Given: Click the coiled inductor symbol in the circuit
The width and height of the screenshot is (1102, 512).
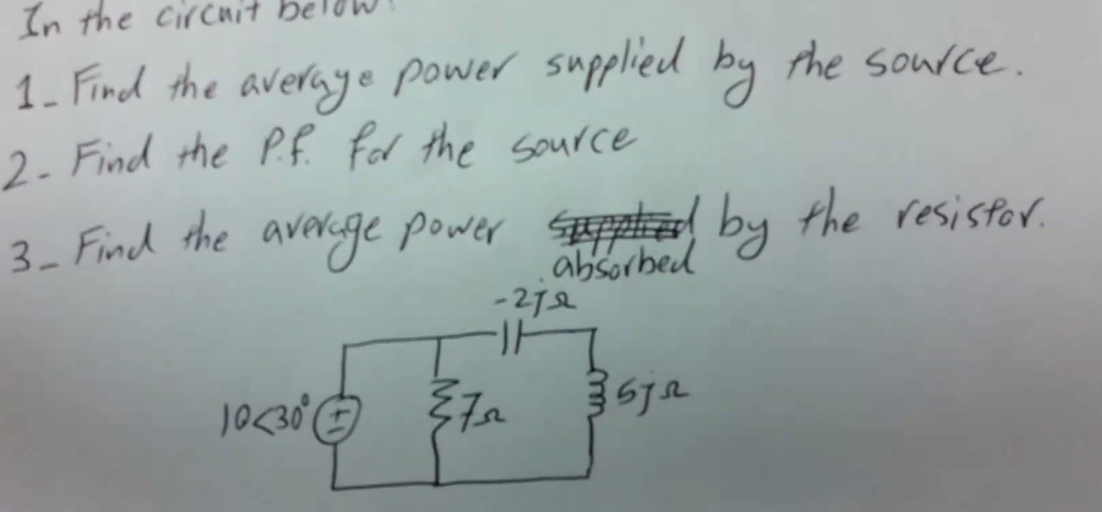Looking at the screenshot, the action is pos(595,407).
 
